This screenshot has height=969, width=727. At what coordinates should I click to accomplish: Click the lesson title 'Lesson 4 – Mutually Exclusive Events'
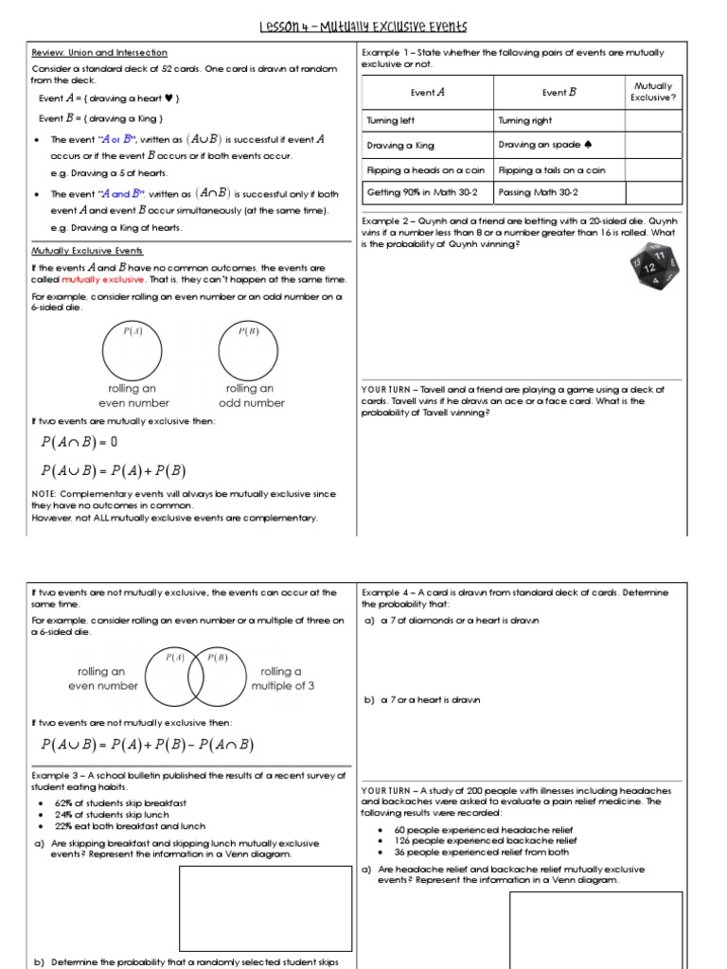[x=363, y=26]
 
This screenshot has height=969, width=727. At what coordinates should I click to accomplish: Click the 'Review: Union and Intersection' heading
[x=99, y=53]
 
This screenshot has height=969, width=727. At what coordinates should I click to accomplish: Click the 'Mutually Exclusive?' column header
[x=653, y=91]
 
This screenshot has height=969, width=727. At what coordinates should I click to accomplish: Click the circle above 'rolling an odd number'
[x=249, y=349]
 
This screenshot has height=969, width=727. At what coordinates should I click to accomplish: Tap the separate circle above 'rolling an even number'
[x=133, y=349]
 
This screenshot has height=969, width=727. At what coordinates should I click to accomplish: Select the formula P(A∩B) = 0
[x=79, y=442]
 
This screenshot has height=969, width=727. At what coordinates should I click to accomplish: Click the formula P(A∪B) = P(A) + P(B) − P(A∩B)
[x=148, y=745]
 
